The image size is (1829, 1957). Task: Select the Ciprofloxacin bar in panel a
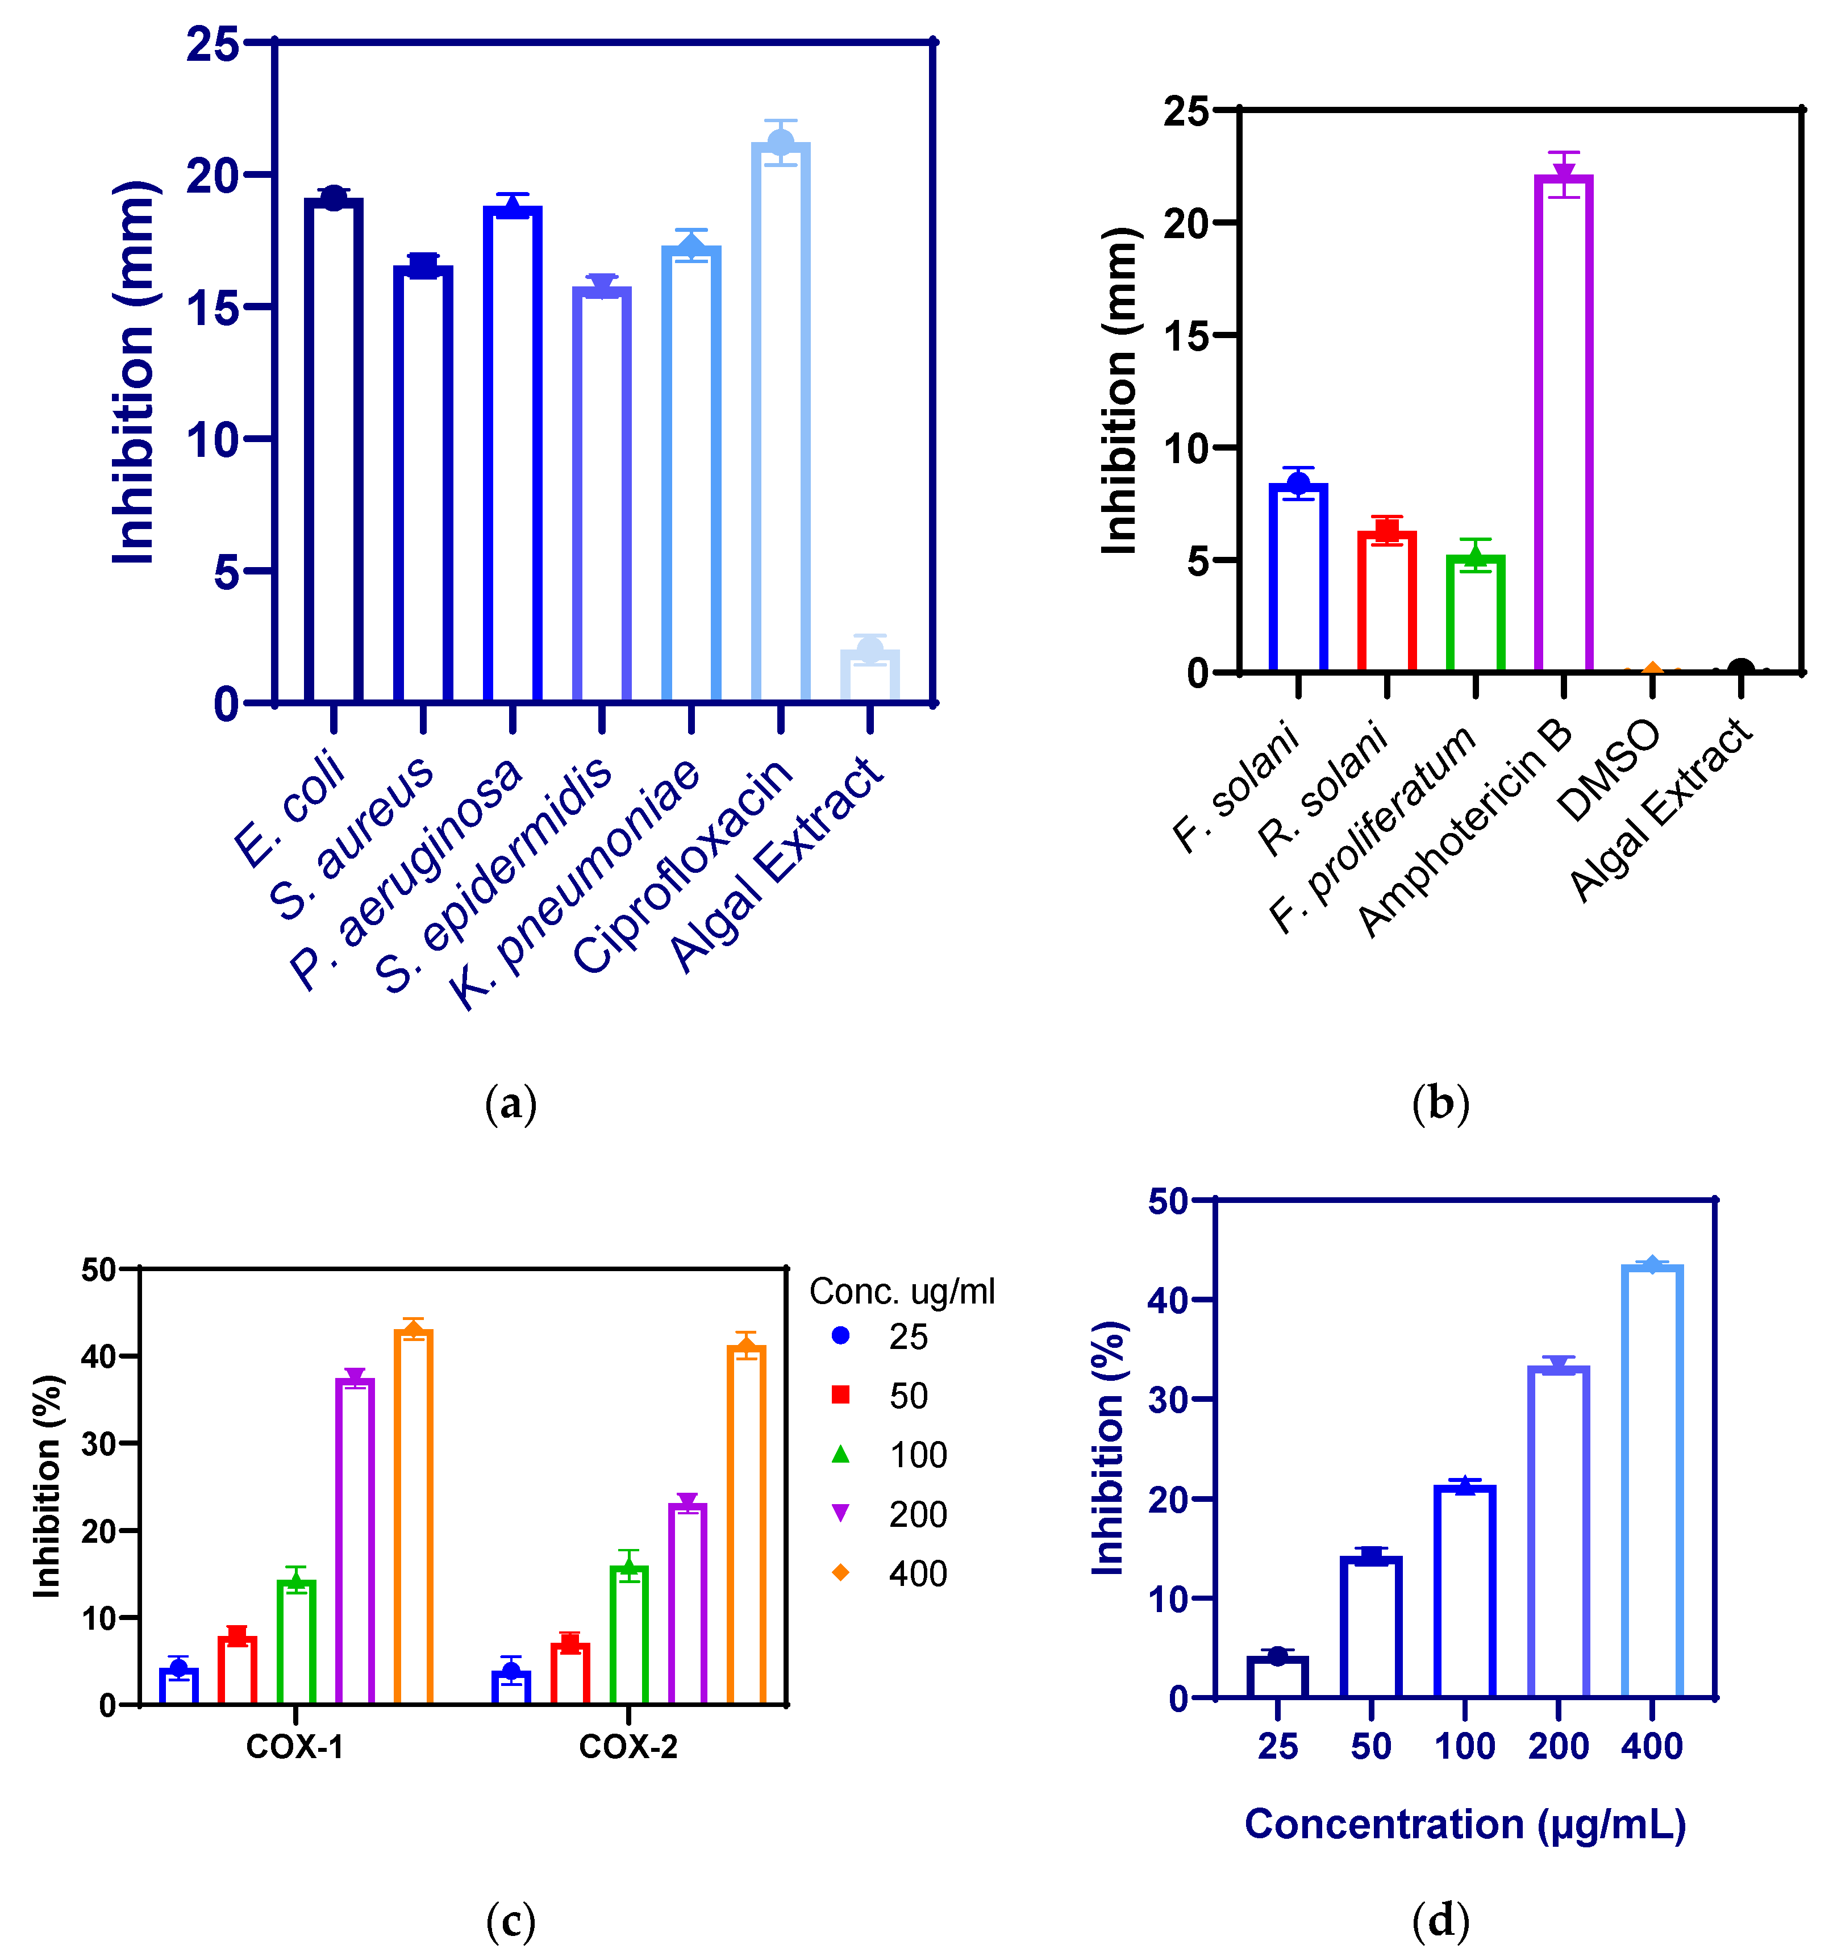point(781,423)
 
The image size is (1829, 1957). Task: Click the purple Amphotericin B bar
point(1563,423)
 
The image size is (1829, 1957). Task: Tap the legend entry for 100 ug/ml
point(891,1455)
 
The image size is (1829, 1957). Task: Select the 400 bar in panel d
point(1652,1481)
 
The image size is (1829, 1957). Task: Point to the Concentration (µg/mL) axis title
point(1465,1824)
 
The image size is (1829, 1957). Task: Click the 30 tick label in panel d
point(1168,1399)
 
